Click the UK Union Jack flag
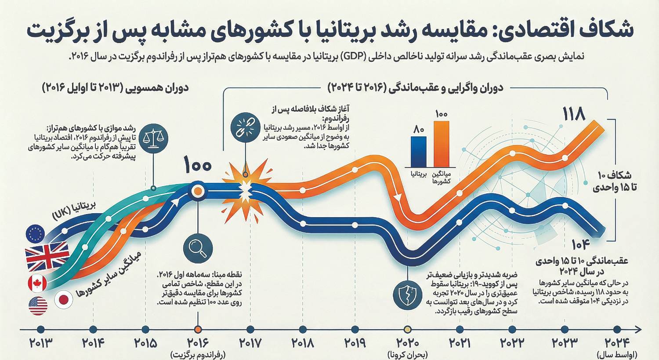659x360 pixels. (x=47, y=257)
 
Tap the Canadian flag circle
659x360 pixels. (x=37, y=284)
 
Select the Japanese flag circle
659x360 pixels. (x=64, y=300)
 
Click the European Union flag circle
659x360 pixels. (x=36, y=233)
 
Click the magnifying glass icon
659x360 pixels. (x=198, y=247)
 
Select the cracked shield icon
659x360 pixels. (x=407, y=293)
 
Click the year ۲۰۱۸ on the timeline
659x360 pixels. (x=302, y=343)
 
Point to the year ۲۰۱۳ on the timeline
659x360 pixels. (x=40, y=343)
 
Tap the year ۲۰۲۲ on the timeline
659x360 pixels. (x=512, y=343)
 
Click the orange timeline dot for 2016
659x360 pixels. (x=198, y=329)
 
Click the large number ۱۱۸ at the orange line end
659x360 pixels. (x=574, y=115)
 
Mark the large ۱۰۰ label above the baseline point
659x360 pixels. (x=198, y=166)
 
